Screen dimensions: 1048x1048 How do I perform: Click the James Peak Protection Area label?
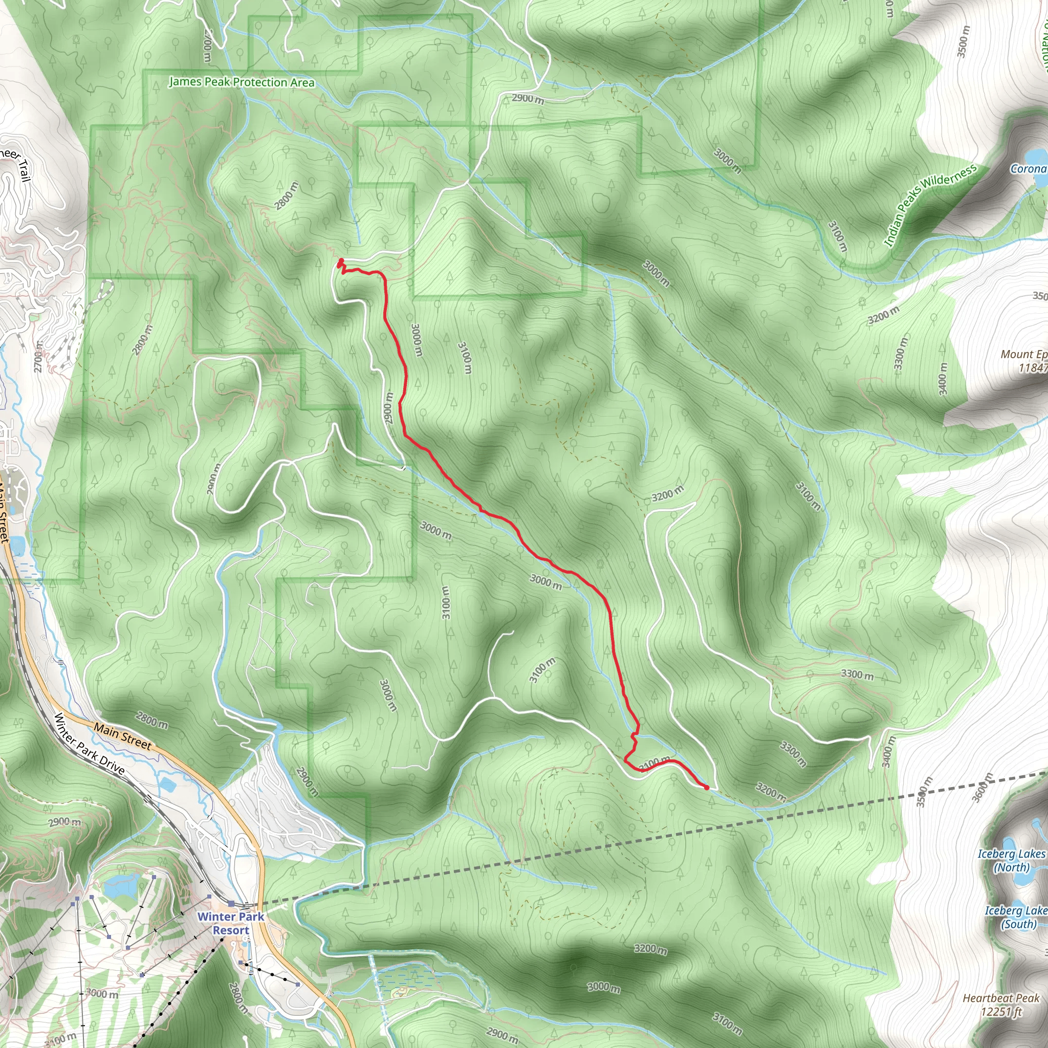[x=242, y=82]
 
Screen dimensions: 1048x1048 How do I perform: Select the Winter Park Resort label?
[x=231, y=923]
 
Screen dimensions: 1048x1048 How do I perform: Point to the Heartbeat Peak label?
[x=1001, y=998]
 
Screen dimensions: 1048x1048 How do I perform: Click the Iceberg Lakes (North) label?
[x=1011, y=860]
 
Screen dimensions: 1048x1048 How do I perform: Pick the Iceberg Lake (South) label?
[x=1015, y=918]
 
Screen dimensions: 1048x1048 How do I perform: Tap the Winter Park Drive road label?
[x=89, y=744]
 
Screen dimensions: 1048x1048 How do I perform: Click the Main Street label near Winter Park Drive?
[x=123, y=736]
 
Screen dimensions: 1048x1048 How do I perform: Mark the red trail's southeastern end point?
[x=706, y=788]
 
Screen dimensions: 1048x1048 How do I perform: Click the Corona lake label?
[x=1028, y=169]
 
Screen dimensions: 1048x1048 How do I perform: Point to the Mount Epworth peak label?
[x=1023, y=354]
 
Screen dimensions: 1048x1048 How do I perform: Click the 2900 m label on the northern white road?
[x=528, y=99]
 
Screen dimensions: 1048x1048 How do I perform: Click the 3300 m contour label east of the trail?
[x=857, y=675]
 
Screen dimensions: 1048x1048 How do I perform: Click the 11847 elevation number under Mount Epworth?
[x=1032, y=368]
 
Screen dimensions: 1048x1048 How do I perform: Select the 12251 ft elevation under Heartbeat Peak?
[x=1001, y=1012]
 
